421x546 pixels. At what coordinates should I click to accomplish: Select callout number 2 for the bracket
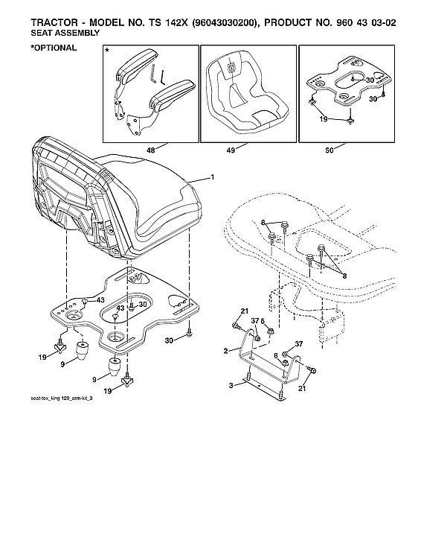click(x=225, y=349)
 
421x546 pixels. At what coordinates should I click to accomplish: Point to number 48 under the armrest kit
click(x=151, y=150)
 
